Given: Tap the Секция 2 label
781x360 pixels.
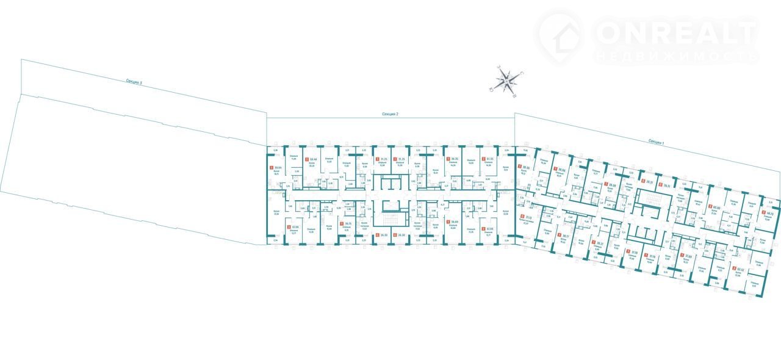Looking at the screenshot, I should tap(390, 114).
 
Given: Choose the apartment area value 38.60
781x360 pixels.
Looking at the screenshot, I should tap(453, 222).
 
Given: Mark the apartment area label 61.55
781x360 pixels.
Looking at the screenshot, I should tap(489, 160).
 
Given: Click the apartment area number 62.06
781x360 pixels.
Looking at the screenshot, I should tap(489, 229).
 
